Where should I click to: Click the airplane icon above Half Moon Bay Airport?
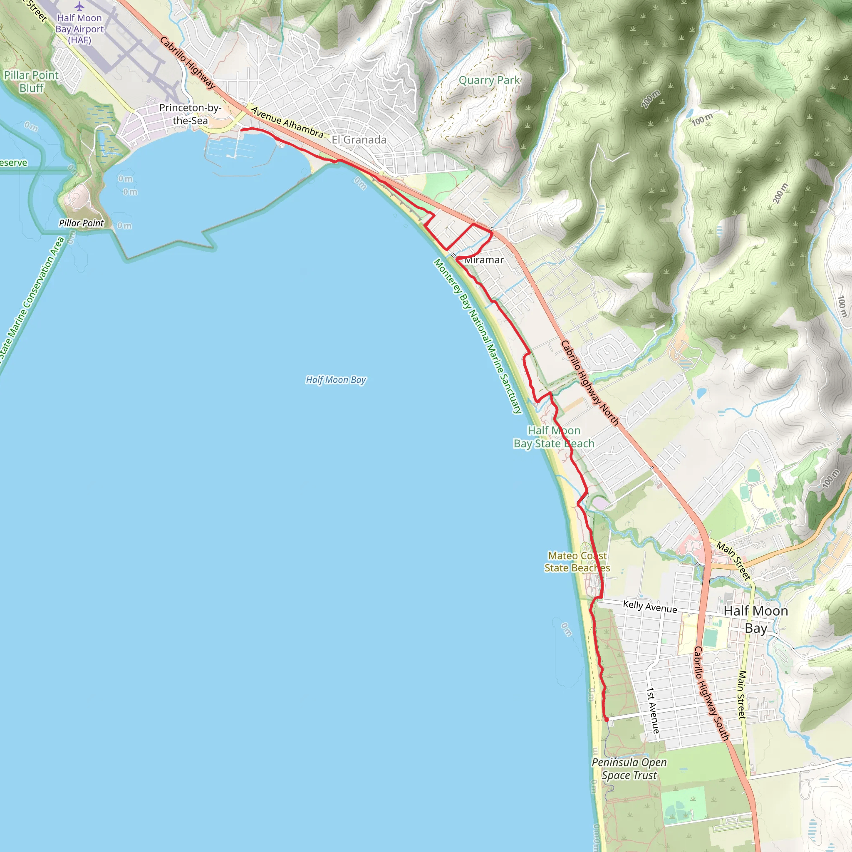point(79,6)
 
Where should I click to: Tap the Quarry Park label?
point(489,80)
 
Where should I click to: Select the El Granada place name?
point(359,140)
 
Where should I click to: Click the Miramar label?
point(484,260)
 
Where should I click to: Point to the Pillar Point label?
point(81,223)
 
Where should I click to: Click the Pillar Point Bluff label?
point(31,82)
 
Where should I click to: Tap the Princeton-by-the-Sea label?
point(190,114)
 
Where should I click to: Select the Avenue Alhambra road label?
point(287,122)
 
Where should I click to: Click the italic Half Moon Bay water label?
point(336,380)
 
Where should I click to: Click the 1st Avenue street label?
point(653,710)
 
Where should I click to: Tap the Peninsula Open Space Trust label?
point(629,769)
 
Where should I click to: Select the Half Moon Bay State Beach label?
point(554,437)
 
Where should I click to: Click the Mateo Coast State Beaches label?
point(577,562)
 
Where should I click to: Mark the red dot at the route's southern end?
point(607,720)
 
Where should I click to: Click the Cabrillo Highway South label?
point(711,693)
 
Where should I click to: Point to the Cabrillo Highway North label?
point(589,383)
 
